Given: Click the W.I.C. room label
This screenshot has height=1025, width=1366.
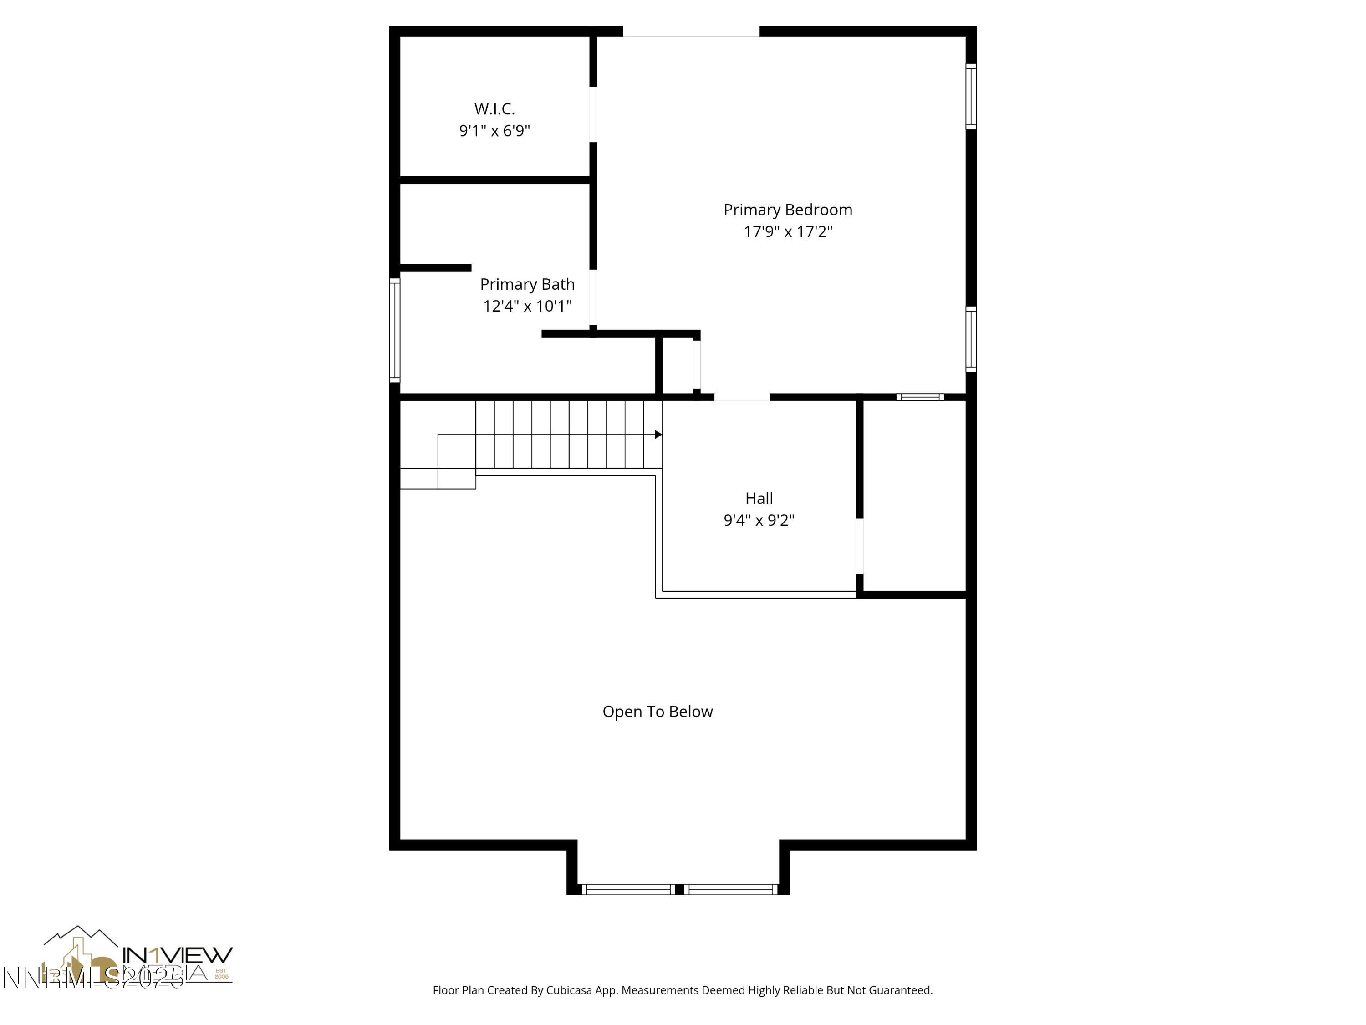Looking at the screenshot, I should tap(494, 109).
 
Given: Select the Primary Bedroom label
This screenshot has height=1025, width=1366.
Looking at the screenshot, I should tap(787, 210).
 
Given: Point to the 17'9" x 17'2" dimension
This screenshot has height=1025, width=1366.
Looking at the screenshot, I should tap(787, 232).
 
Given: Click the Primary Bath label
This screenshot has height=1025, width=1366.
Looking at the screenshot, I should tap(527, 284).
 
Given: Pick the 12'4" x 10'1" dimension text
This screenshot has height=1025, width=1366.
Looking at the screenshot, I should tap(527, 306).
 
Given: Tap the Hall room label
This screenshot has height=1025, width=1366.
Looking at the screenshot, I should tap(758, 498).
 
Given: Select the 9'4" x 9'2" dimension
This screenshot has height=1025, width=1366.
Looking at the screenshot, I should tap(758, 520).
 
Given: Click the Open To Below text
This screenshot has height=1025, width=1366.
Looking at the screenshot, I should tap(657, 712).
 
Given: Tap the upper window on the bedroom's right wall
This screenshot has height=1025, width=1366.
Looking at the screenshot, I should tap(971, 97).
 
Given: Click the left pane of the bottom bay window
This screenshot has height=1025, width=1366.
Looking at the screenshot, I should tap(628, 889).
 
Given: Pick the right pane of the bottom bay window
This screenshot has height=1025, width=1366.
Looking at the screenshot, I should tap(730, 889).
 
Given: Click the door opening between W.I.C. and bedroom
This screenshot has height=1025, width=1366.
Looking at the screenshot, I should tap(593, 114).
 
